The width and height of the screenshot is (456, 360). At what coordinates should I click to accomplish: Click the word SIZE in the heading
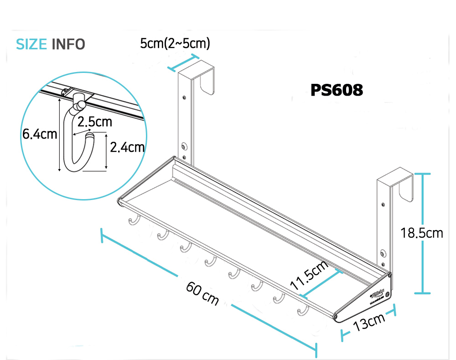point(31,44)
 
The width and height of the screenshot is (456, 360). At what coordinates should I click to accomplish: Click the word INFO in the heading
point(68,44)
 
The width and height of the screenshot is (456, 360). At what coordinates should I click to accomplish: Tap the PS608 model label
point(337,90)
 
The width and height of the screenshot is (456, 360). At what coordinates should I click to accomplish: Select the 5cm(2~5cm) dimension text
point(175,43)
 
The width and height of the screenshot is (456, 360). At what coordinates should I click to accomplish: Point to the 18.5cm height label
point(422,233)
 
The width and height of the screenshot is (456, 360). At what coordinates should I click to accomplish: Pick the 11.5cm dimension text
point(310,275)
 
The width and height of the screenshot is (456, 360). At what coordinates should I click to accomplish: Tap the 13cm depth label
point(369,323)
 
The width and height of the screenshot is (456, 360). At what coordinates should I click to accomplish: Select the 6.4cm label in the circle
point(40,134)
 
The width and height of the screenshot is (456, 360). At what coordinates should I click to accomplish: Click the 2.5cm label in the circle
point(94,122)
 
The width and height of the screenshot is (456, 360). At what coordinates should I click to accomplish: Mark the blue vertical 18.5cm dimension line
point(424,233)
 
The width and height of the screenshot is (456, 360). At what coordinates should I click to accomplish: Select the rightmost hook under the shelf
point(302,311)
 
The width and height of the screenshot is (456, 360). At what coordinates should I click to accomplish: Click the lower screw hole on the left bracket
point(184,146)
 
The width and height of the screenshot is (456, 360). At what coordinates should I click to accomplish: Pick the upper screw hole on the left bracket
point(183,97)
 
